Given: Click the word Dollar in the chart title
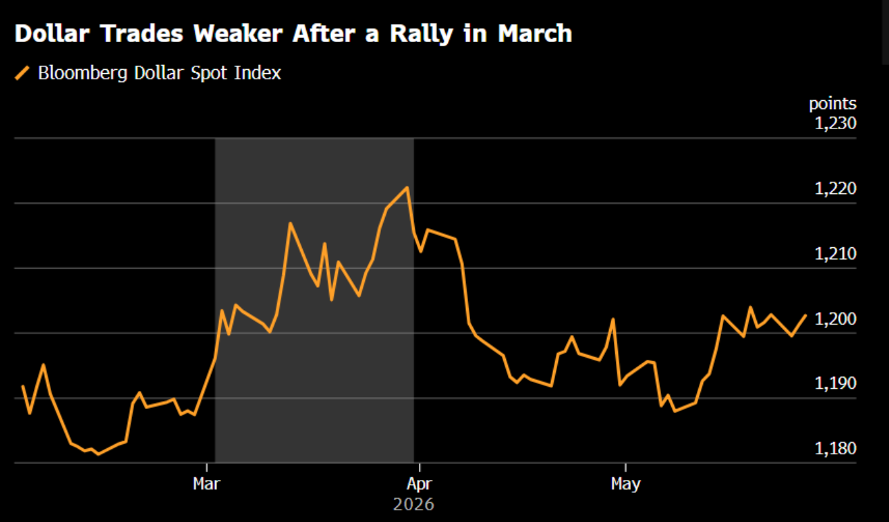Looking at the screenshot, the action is point(52,33).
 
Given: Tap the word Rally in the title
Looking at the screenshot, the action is point(422,34).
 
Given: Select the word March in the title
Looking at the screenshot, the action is point(535,33).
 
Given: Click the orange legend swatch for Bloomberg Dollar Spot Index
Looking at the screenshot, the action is point(22,73).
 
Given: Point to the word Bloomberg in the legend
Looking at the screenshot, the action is point(82,73).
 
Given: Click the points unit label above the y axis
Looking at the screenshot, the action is point(832,104).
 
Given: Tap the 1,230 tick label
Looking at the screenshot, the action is point(835,124).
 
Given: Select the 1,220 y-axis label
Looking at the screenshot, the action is point(835,188).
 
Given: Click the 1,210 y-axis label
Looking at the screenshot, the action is point(835,253).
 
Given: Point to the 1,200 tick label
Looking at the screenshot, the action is point(835,319).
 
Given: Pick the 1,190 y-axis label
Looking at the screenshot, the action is point(835,383).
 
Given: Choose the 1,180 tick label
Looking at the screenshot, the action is point(835,448).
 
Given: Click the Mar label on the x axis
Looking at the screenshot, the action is point(207,484).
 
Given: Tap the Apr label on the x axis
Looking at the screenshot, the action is point(419,485).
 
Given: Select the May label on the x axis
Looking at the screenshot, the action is point(626,485).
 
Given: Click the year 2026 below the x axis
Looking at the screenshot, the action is point(413,505).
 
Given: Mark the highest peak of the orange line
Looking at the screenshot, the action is point(407,187).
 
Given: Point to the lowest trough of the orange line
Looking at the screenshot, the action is point(98,454).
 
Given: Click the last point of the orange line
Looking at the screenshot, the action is point(805,316).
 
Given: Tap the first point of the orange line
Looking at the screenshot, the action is point(23,386).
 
